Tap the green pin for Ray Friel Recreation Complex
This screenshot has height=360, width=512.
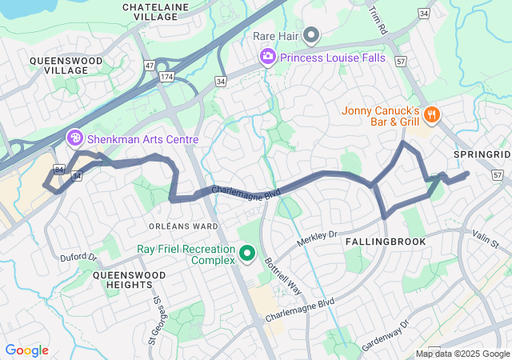(247, 254)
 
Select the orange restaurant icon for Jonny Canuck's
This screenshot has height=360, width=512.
(432, 115)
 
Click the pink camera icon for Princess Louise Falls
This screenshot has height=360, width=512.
(267, 57)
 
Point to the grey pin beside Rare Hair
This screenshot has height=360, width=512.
(311, 35)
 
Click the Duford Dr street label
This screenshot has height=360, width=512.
(78, 258)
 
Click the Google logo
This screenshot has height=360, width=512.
(26, 350)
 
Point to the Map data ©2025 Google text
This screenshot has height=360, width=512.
(462, 354)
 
